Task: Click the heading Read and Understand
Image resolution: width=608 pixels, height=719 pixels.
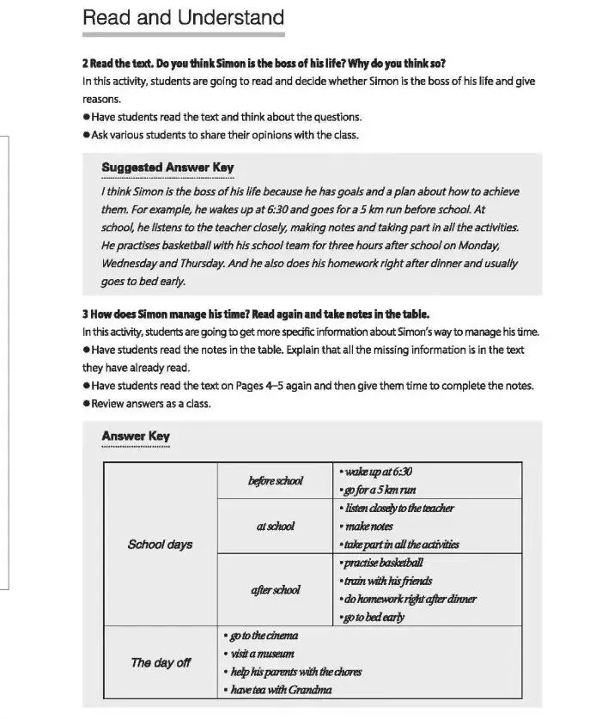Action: click(183, 17)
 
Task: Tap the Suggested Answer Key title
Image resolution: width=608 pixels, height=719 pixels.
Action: click(167, 167)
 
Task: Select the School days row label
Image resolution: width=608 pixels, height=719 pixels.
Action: click(160, 544)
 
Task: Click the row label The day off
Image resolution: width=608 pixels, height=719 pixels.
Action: click(160, 662)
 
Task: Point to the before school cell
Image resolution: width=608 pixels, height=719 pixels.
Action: click(275, 480)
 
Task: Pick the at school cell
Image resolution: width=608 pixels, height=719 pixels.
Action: click(275, 526)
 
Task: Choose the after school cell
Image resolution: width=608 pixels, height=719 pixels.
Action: click(275, 589)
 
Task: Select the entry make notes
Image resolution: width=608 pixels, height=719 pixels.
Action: click(368, 526)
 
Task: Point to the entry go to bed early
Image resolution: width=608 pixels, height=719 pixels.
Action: click(374, 617)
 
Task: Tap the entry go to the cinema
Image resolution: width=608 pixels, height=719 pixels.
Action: click(260, 635)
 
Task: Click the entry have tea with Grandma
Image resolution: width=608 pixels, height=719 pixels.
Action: click(277, 689)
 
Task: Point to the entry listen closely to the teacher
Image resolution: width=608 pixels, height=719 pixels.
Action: click(398, 508)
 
